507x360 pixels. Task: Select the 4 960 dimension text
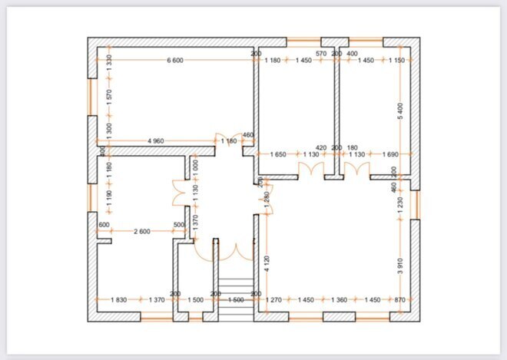(x=156, y=141)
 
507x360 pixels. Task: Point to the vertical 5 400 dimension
(x=399, y=110)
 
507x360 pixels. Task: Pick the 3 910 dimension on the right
(x=399, y=266)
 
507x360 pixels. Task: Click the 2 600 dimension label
(x=141, y=231)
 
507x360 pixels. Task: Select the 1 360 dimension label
(x=339, y=299)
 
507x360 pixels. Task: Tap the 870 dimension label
(x=398, y=299)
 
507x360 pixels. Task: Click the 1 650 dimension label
(x=278, y=155)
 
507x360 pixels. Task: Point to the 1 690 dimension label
(x=389, y=155)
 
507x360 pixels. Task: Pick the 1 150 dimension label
(x=396, y=61)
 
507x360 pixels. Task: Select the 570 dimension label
(x=321, y=54)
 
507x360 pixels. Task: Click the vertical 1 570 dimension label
(x=109, y=96)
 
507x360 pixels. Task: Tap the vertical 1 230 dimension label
(x=399, y=205)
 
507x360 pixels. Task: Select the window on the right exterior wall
(x=417, y=204)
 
